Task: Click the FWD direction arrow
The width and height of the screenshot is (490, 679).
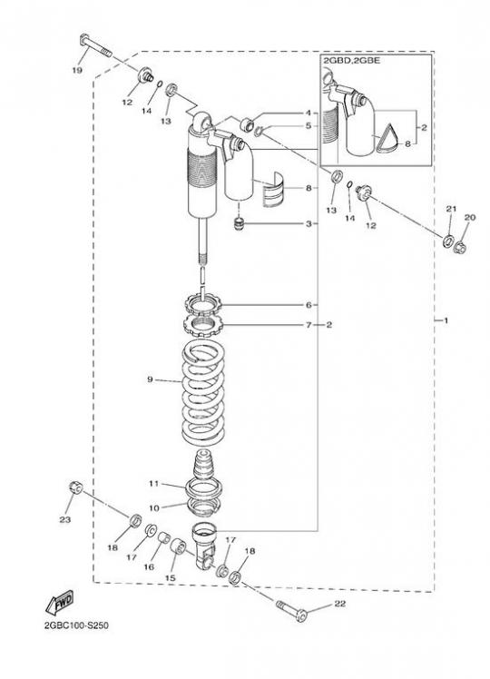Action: click(x=60, y=603)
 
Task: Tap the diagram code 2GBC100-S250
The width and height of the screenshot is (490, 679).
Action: click(x=76, y=625)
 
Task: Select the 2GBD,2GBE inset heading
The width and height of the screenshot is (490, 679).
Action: click(x=351, y=61)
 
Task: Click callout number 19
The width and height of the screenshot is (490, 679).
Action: click(x=77, y=70)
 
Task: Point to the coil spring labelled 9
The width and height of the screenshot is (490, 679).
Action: click(x=202, y=392)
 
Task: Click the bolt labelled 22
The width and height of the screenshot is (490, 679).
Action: click(x=291, y=610)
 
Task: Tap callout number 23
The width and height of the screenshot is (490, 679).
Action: click(x=65, y=519)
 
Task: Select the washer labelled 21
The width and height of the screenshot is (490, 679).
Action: click(x=447, y=240)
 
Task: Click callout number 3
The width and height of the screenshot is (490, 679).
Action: click(x=309, y=224)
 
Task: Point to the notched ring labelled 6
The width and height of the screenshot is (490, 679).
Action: click(x=203, y=302)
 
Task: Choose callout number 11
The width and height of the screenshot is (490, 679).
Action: click(x=154, y=484)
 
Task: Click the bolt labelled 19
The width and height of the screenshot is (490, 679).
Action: click(x=96, y=45)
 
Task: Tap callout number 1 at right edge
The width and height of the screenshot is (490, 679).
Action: click(x=446, y=320)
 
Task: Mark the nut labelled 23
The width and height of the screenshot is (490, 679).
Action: click(x=76, y=487)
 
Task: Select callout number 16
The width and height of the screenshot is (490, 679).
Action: click(x=149, y=566)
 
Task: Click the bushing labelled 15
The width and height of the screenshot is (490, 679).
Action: click(x=179, y=546)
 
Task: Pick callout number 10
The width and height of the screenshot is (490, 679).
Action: click(x=154, y=508)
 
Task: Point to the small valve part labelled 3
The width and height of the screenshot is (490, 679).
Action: click(x=240, y=224)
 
